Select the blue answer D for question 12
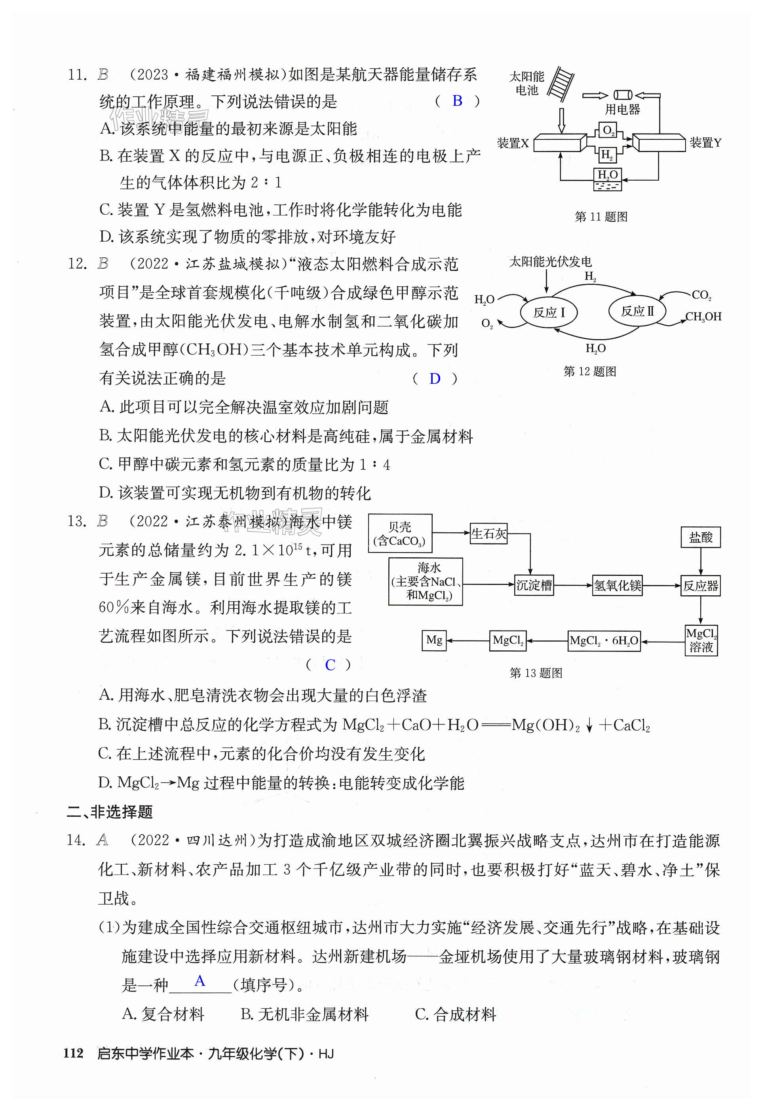click(435, 379)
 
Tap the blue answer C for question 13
click(330, 665)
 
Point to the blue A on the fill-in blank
click(200, 981)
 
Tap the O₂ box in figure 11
click(607, 130)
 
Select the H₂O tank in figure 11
click(607, 179)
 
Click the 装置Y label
click(705, 143)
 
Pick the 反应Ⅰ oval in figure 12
click(549, 313)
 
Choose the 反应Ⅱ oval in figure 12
click(637, 311)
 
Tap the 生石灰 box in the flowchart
click(488, 534)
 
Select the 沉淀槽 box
click(534, 585)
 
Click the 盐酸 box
click(700, 537)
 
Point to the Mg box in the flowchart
click(434, 640)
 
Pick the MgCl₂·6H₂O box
click(604, 641)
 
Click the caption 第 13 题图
click(536, 673)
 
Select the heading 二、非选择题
click(110, 812)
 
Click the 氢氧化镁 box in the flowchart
click(618, 585)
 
